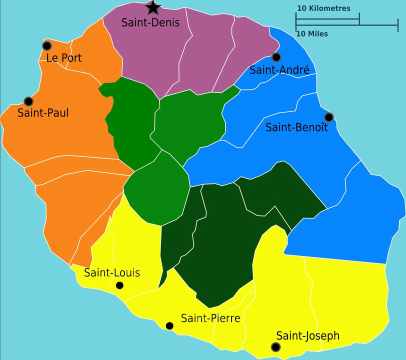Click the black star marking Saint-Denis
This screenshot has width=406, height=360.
click(x=153, y=7)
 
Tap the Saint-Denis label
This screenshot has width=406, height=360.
click(x=150, y=22)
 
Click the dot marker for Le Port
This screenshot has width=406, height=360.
click(x=47, y=46)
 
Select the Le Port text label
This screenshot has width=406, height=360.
click(x=63, y=58)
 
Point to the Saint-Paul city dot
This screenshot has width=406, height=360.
click(x=28, y=101)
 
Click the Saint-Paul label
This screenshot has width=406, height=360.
click(x=43, y=113)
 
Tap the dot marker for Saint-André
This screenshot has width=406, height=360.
click(x=276, y=57)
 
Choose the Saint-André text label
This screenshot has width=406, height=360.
click(x=279, y=70)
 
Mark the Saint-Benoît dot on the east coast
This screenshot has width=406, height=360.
click(x=328, y=117)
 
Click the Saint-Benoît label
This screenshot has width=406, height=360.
click(x=296, y=127)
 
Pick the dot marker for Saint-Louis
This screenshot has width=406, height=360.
click(x=119, y=285)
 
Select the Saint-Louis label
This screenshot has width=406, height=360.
click(x=112, y=273)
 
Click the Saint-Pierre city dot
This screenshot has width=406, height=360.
click(x=169, y=326)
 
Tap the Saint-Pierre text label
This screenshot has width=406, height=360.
click(x=210, y=318)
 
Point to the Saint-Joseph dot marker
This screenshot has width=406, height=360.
click(x=275, y=347)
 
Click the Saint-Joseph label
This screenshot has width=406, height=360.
click(x=308, y=336)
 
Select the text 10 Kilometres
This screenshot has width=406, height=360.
click(x=323, y=8)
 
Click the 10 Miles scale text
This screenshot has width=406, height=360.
click(x=312, y=34)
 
